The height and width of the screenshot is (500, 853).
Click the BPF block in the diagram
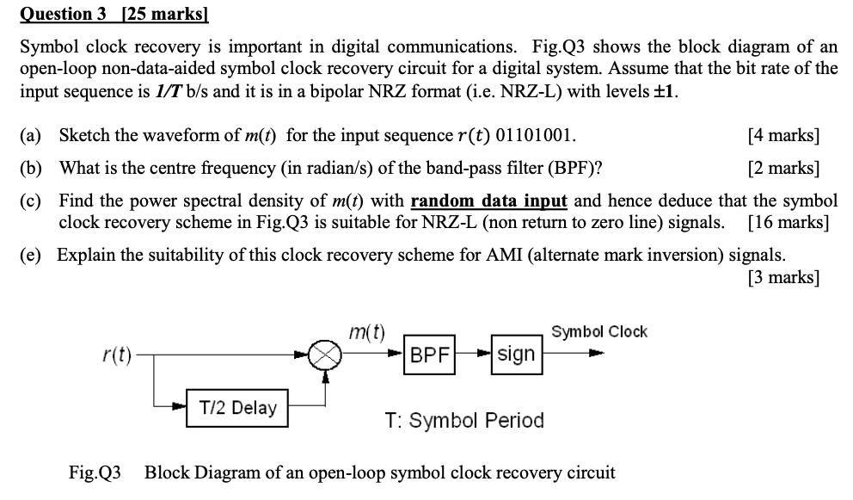coord(430,355)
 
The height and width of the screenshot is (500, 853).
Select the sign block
coord(516,354)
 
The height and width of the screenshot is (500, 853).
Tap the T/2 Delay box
coord(238,407)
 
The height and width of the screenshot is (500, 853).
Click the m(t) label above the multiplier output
coord(367,331)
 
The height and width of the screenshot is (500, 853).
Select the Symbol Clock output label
coord(598,332)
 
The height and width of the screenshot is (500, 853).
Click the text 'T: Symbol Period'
coord(464,421)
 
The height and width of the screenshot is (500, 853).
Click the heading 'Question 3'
coord(58,13)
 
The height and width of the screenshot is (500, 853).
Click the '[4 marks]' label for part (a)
coord(783,136)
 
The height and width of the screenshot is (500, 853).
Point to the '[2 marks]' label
coord(783,167)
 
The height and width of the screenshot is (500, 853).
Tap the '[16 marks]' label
coord(788,222)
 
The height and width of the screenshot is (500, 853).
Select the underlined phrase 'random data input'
coord(488,201)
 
